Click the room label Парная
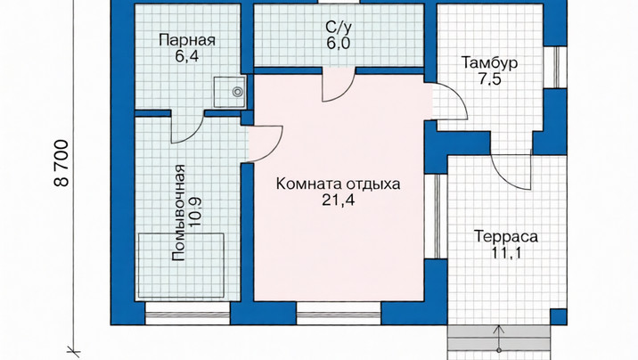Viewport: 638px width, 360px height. [187, 40]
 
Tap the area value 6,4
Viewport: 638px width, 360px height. [187, 56]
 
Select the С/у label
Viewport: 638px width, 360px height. [339, 27]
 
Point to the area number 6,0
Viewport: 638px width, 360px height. [338, 42]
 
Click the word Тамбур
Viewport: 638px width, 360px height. [489, 63]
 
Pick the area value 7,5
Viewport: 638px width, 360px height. [489, 79]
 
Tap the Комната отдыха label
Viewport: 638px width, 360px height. [338, 184]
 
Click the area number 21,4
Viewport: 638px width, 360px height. [338, 200]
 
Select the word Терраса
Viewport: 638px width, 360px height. [506, 236]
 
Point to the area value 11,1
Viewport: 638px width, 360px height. [506, 253]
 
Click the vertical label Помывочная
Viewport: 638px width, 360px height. [178, 212]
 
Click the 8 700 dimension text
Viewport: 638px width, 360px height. [61, 163]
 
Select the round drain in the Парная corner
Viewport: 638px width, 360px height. [238, 93]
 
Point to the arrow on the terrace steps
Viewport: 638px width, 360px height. [499, 338]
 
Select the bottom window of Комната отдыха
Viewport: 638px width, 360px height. [339, 314]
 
